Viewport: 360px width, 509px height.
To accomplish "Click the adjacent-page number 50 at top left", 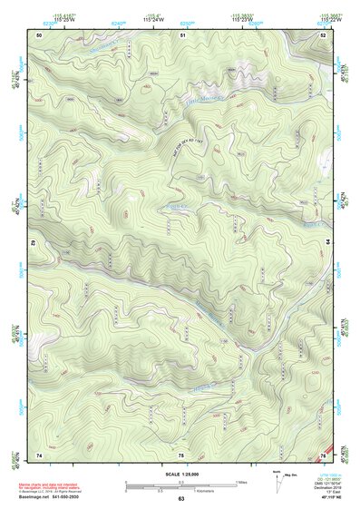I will [39, 34].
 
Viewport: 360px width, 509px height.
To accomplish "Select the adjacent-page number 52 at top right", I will [322, 34].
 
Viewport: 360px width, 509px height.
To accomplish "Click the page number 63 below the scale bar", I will [180, 499].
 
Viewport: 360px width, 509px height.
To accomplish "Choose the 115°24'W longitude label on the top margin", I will [181, 19].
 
